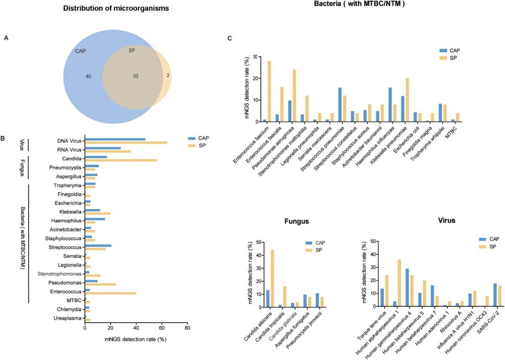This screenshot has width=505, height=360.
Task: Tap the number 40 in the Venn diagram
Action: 89,77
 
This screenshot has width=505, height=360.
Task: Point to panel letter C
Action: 230,38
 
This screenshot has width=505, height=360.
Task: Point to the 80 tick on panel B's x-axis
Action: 187,340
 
